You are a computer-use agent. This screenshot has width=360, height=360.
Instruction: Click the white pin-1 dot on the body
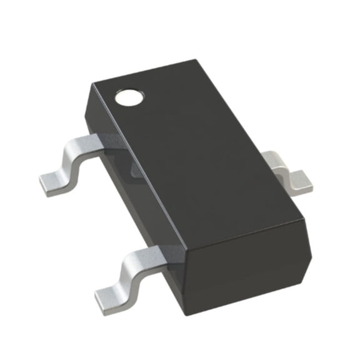pos(130,96)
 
